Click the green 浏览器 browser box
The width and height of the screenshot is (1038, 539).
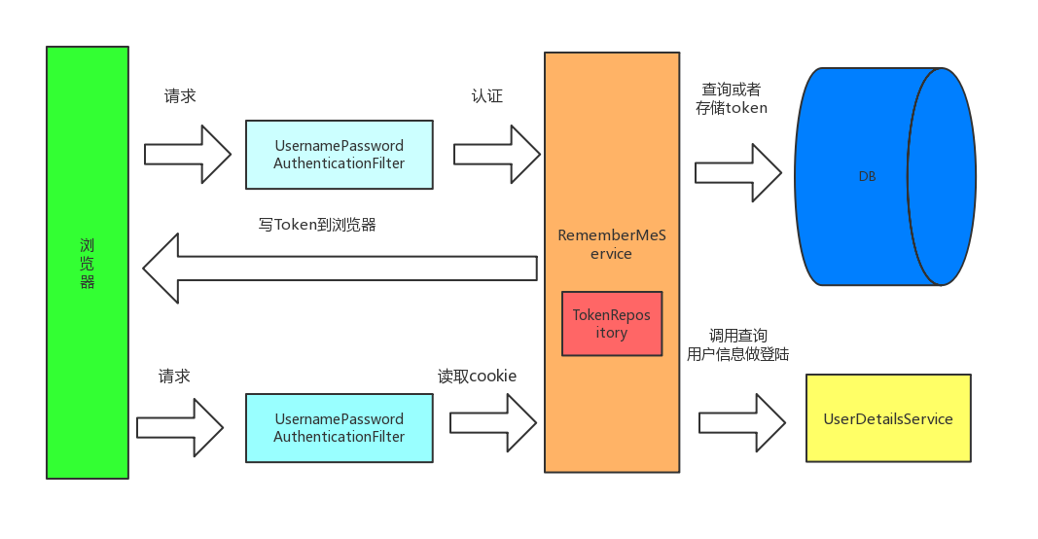[x=87, y=263]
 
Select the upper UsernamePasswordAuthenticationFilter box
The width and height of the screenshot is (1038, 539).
[x=339, y=155]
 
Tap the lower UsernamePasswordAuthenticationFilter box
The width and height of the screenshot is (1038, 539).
[x=339, y=428]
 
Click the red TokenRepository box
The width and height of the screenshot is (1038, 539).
[x=611, y=323]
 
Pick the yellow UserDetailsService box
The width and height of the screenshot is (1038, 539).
[x=888, y=418]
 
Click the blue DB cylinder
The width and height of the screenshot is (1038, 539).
[x=866, y=176]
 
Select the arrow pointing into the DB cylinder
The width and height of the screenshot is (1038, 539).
[x=737, y=172]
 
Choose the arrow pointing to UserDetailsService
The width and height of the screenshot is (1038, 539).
[x=741, y=422]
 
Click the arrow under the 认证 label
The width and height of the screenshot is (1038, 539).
[x=496, y=154]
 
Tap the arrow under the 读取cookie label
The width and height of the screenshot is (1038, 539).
[x=492, y=422]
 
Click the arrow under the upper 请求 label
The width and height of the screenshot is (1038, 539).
[x=187, y=154]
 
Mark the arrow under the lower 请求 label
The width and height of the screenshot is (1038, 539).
[x=180, y=427]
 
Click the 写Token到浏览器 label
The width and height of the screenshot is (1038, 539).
[x=317, y=225]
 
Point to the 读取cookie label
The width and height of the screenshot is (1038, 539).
[x=477, y=377]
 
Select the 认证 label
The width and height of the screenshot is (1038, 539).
[x=486, y=96]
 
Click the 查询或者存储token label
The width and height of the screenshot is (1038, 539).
[x=732, y=98]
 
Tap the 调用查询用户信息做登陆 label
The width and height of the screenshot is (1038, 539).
[x=737, y=344]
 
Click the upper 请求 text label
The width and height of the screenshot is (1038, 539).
[x=180, y=96]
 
